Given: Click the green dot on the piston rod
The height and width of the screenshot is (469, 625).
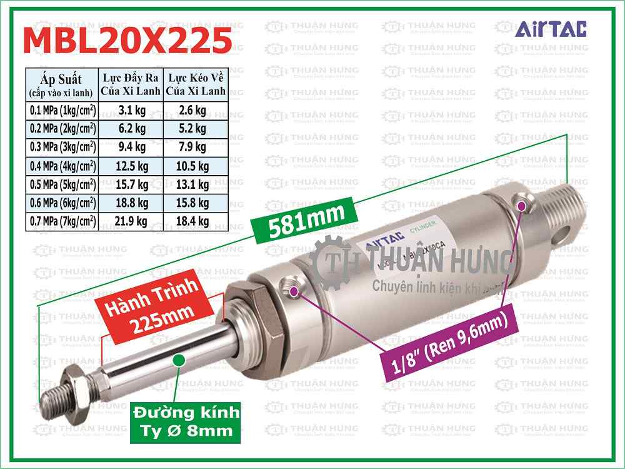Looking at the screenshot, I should pos(179,360).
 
